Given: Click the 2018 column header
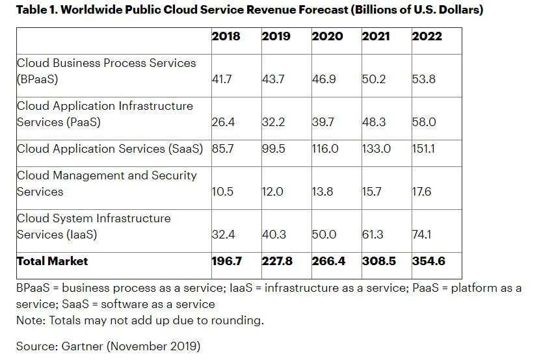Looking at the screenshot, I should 226,36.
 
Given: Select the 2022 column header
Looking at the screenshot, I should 427,36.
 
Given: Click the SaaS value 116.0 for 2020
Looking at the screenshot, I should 325,149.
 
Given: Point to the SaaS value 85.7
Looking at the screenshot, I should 223,149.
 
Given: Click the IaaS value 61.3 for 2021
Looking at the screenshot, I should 373,235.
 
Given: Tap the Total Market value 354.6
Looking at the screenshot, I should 429,261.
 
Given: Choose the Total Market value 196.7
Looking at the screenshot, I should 227,261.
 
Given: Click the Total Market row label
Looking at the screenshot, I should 52,261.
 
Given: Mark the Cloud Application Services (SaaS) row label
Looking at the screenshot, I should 110,149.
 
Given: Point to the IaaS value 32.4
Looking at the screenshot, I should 224,235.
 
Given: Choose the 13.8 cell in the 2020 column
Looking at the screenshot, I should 323,192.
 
